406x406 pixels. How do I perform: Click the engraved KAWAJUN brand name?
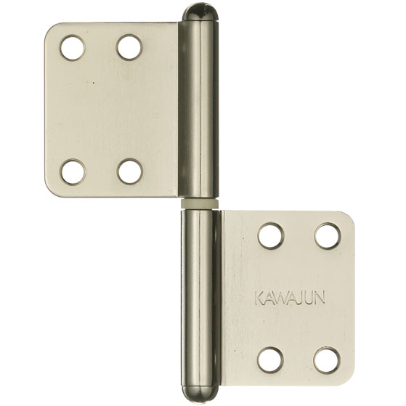click(290, 298)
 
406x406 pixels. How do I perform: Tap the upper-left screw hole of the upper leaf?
click(73, 48)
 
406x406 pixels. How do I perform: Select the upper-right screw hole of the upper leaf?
click(129, 47)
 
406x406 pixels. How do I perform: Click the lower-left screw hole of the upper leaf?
click(73, 172)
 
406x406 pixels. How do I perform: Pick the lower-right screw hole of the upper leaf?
click(129, 171)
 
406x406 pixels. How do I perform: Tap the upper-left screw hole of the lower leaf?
click(271, 236)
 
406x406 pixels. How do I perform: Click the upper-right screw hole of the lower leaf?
click(328, 235)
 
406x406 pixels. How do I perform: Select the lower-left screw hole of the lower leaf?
click(270, 360)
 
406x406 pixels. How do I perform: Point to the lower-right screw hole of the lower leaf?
click(326, 360)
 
